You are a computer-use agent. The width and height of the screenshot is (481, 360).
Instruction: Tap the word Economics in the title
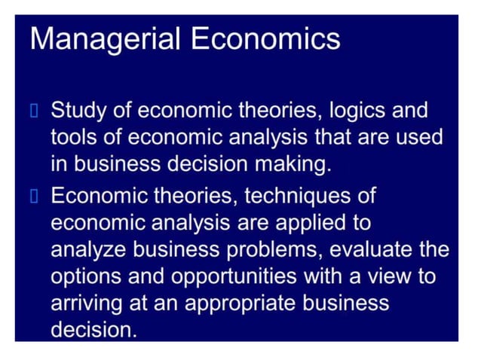tap(265, 38)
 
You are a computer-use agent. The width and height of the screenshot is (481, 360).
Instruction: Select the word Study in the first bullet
tap(80, 111)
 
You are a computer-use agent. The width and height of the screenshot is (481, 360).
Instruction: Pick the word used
tap(418, 139)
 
